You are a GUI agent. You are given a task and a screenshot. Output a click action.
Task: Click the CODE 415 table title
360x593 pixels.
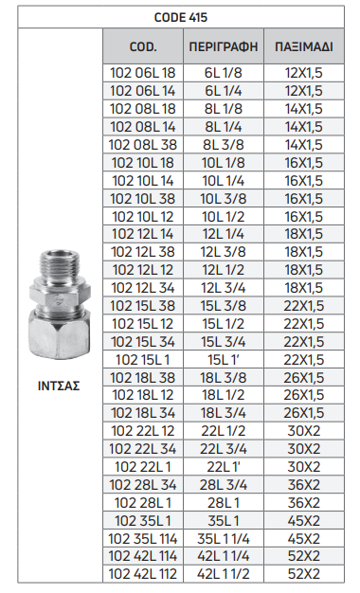coord(181,17)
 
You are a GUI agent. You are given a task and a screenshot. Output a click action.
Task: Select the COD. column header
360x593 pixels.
coord(143,46)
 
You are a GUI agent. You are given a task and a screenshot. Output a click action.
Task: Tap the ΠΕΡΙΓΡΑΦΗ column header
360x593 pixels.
coord(224,46)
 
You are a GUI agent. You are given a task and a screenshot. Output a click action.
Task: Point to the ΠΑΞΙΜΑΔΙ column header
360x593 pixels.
coord(304,46)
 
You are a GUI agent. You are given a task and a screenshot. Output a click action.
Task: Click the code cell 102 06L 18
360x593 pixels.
coord(143,73)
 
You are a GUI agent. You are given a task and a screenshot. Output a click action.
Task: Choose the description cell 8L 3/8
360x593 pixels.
coord(224,145)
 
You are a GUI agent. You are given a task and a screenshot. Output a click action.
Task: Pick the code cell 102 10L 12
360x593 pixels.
coord(143,217)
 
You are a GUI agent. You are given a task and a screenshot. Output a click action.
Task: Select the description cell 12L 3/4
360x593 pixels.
coord(224,288)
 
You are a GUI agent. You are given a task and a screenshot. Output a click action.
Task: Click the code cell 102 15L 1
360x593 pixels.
coord(143,360)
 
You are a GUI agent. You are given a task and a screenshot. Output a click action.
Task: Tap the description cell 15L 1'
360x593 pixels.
coord(224,360)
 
